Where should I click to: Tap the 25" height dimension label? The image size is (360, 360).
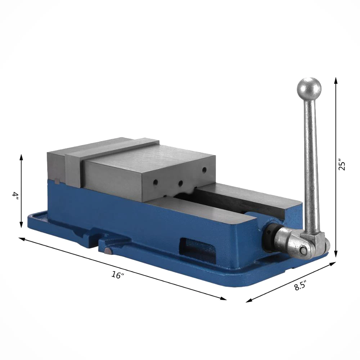tap(342, 164)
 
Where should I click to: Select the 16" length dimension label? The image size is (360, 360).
tap(117, 275)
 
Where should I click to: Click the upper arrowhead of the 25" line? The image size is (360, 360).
tap(336, 80)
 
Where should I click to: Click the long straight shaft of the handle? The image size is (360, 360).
tap(311, 162)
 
